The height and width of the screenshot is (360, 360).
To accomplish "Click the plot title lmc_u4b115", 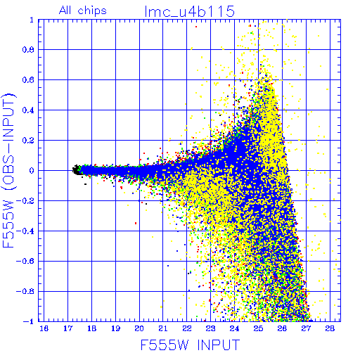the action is [x=190, y=11].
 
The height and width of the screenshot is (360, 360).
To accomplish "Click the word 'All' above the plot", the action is [x=65, y=11].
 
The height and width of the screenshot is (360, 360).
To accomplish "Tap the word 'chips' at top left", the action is [x=92, y=11].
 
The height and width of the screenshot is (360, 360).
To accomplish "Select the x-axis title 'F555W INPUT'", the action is [x=190, y=345].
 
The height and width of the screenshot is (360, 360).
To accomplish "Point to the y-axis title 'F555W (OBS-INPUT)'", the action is [x=8, y=170].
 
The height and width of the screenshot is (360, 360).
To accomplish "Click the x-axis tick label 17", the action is [x=67, y=328].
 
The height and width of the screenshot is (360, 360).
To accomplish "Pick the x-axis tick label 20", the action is [x=139, y=328].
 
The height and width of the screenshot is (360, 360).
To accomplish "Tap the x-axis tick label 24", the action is [x=234, y=328].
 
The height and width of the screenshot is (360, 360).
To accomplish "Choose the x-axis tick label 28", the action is [x=330, y=328].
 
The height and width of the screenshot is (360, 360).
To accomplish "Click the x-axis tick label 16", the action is [x=44, y=328].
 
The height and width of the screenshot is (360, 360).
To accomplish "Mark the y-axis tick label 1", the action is [x=32, y=20].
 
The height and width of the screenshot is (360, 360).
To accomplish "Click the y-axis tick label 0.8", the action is [x=28, y=50].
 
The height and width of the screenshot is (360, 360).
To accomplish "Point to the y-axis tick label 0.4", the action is [x=28, y=110].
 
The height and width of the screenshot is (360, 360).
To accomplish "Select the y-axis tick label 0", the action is [x=32, y=171].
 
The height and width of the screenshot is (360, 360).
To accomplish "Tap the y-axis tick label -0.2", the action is [x=25, y=201].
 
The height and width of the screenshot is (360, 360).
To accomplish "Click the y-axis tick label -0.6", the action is [x=25, y=261].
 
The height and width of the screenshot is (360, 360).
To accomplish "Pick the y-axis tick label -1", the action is [x=29, y=321].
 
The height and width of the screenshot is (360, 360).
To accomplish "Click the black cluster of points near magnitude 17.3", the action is [x=76, y=169].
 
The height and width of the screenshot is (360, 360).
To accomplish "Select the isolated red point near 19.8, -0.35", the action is [x=136, y=223].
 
